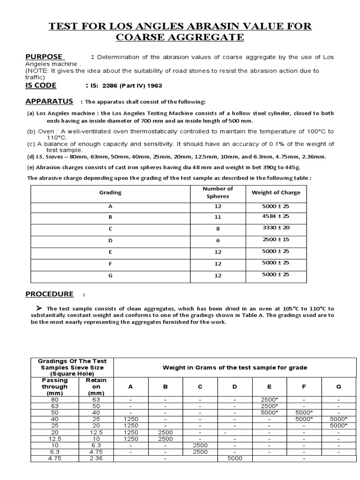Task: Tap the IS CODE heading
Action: (41, 85)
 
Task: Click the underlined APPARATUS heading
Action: (49, 101)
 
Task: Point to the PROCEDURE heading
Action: (49, 294)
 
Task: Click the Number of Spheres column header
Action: (217, 192)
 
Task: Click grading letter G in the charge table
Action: (110, 276)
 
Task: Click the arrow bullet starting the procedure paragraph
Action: (40, 308)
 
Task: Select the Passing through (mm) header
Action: (55, 387)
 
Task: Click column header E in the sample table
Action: (269, 387)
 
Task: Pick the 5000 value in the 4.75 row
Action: (234, 458)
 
